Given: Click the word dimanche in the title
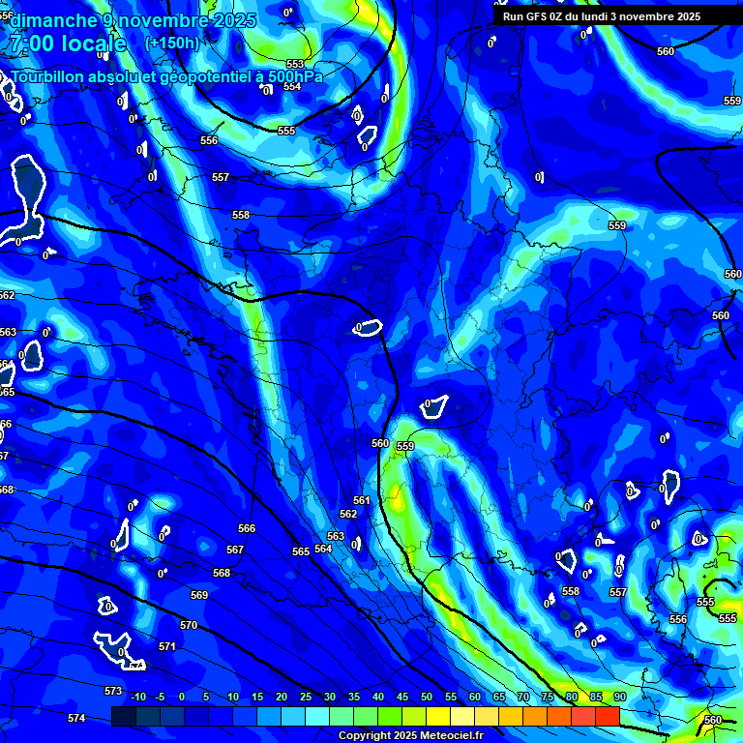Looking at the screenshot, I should [x=52, y=21].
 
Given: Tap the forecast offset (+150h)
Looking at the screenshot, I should [x=171, y=43].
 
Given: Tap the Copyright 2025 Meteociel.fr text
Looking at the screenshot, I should [x=410, y=735].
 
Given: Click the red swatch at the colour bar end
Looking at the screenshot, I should [x=607, y=716].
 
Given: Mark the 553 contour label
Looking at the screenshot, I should [x=295, y=65].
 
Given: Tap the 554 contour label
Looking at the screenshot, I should [x=291, y=86].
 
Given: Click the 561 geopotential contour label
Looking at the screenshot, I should [x=361, y=500].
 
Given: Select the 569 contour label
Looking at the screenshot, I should [x=199, y=595].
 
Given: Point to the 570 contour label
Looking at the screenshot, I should [x=189, y=625].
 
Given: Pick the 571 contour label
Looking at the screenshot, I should [x=167, y=646].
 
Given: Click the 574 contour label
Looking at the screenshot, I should [x=76, y=718].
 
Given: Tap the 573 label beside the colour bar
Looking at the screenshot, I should [x=113, y=691].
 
